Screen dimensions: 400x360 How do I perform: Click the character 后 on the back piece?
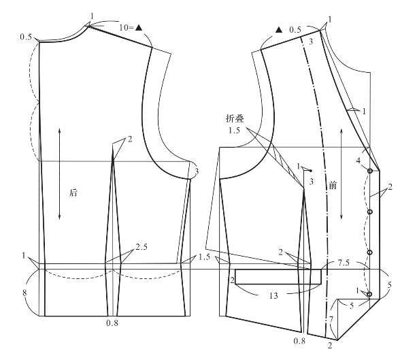point(73,193)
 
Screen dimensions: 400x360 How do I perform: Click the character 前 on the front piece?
point(333,185)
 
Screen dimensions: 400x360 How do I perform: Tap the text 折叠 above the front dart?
point(235,118)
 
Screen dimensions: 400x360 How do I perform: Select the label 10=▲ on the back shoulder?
point(131,27)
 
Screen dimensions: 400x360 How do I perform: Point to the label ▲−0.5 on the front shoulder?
point(288,30)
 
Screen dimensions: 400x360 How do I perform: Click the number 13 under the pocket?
point(273,296)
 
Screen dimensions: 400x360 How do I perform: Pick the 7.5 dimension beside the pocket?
point(344,263)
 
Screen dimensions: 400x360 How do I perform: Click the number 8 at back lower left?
point(24,293)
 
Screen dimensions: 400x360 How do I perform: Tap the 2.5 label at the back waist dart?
point(141,247)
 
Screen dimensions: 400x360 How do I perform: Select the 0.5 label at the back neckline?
point(26,37)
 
